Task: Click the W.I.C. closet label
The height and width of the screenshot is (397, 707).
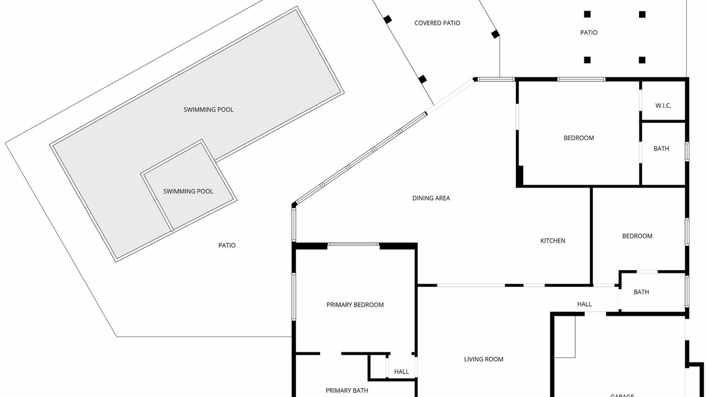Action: click(663, 105)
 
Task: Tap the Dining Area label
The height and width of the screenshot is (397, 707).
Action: click(431, 198)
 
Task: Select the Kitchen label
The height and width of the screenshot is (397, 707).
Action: click(553, 241)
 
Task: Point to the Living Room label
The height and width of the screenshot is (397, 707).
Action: click(483, 359)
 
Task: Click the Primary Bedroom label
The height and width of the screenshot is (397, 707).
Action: click(355, 305)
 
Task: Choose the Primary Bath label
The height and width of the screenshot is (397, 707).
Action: click(346, 390)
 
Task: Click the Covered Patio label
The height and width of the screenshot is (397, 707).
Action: click(437, 23)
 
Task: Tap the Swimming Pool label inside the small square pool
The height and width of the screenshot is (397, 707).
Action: click(188, 191)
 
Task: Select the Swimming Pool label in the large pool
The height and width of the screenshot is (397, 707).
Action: click(208, 110)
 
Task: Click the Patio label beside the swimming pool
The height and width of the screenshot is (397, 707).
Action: click(226, 245)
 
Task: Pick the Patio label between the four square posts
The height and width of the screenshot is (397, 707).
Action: click(589, 33)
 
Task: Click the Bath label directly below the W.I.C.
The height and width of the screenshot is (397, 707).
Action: click(661, 148)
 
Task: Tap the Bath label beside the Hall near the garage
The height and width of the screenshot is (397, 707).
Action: click(641, 292)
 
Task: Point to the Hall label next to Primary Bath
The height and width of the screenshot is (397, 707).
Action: click(402, 372)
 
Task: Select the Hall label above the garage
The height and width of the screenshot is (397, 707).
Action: click(584, 304)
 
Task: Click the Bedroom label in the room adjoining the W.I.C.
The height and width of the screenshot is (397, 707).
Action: click(579, 138)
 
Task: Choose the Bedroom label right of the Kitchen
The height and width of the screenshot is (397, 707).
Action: click(637, 236)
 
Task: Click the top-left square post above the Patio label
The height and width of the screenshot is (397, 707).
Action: click(587, 14)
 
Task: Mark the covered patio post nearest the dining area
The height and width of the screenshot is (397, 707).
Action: click(423, 79)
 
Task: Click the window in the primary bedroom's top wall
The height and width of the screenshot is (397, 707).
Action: click(353, 244)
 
